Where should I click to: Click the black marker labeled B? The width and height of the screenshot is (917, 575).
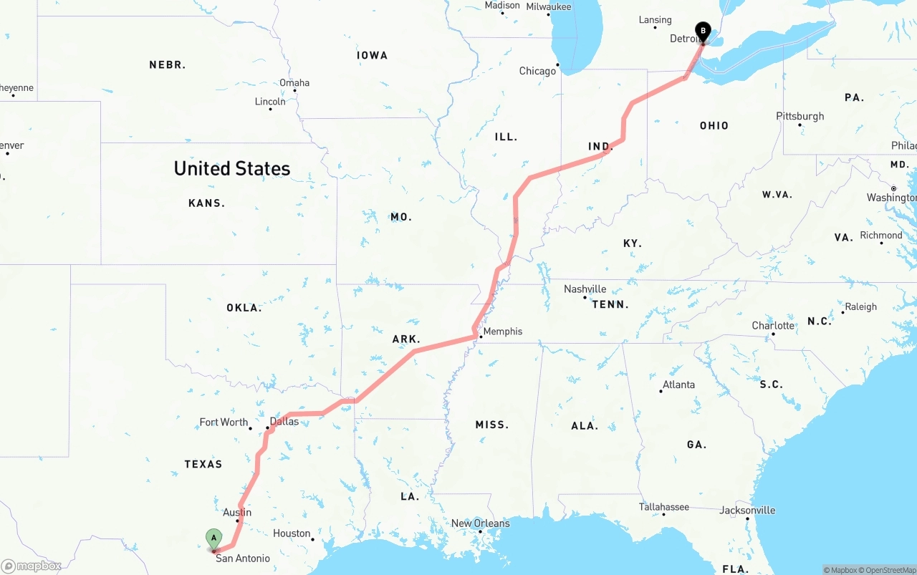tap(703, 32)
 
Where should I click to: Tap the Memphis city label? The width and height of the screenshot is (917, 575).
tap(503, 332)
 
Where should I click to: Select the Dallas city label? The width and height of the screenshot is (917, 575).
tap(284, 421)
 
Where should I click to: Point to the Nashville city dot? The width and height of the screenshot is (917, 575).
tap(585, 297)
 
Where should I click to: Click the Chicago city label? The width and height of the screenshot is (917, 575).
tap(537, 71)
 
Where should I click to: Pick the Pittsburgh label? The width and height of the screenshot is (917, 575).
tap(800, 116)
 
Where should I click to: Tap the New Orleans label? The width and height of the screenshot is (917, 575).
tap(480, 523)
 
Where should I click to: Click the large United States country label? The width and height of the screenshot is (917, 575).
tap(232, 169)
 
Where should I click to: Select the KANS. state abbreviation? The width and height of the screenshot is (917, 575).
tap(206, 203)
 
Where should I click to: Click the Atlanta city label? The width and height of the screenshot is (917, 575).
tap(678, 385)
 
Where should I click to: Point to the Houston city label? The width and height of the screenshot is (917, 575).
tap(292, 533)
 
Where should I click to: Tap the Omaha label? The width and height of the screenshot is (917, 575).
tap(294, 83)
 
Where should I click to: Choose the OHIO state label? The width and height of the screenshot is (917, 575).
tap(714, 126)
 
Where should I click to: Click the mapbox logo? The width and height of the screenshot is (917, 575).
tap(32, 566)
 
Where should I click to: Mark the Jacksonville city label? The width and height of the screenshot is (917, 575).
tap(748, 511)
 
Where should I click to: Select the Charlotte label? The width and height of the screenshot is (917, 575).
tap(773, 326)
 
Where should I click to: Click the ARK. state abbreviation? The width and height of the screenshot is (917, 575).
tap(406, 339)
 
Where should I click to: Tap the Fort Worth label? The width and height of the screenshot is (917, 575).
tap(224, 422)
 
